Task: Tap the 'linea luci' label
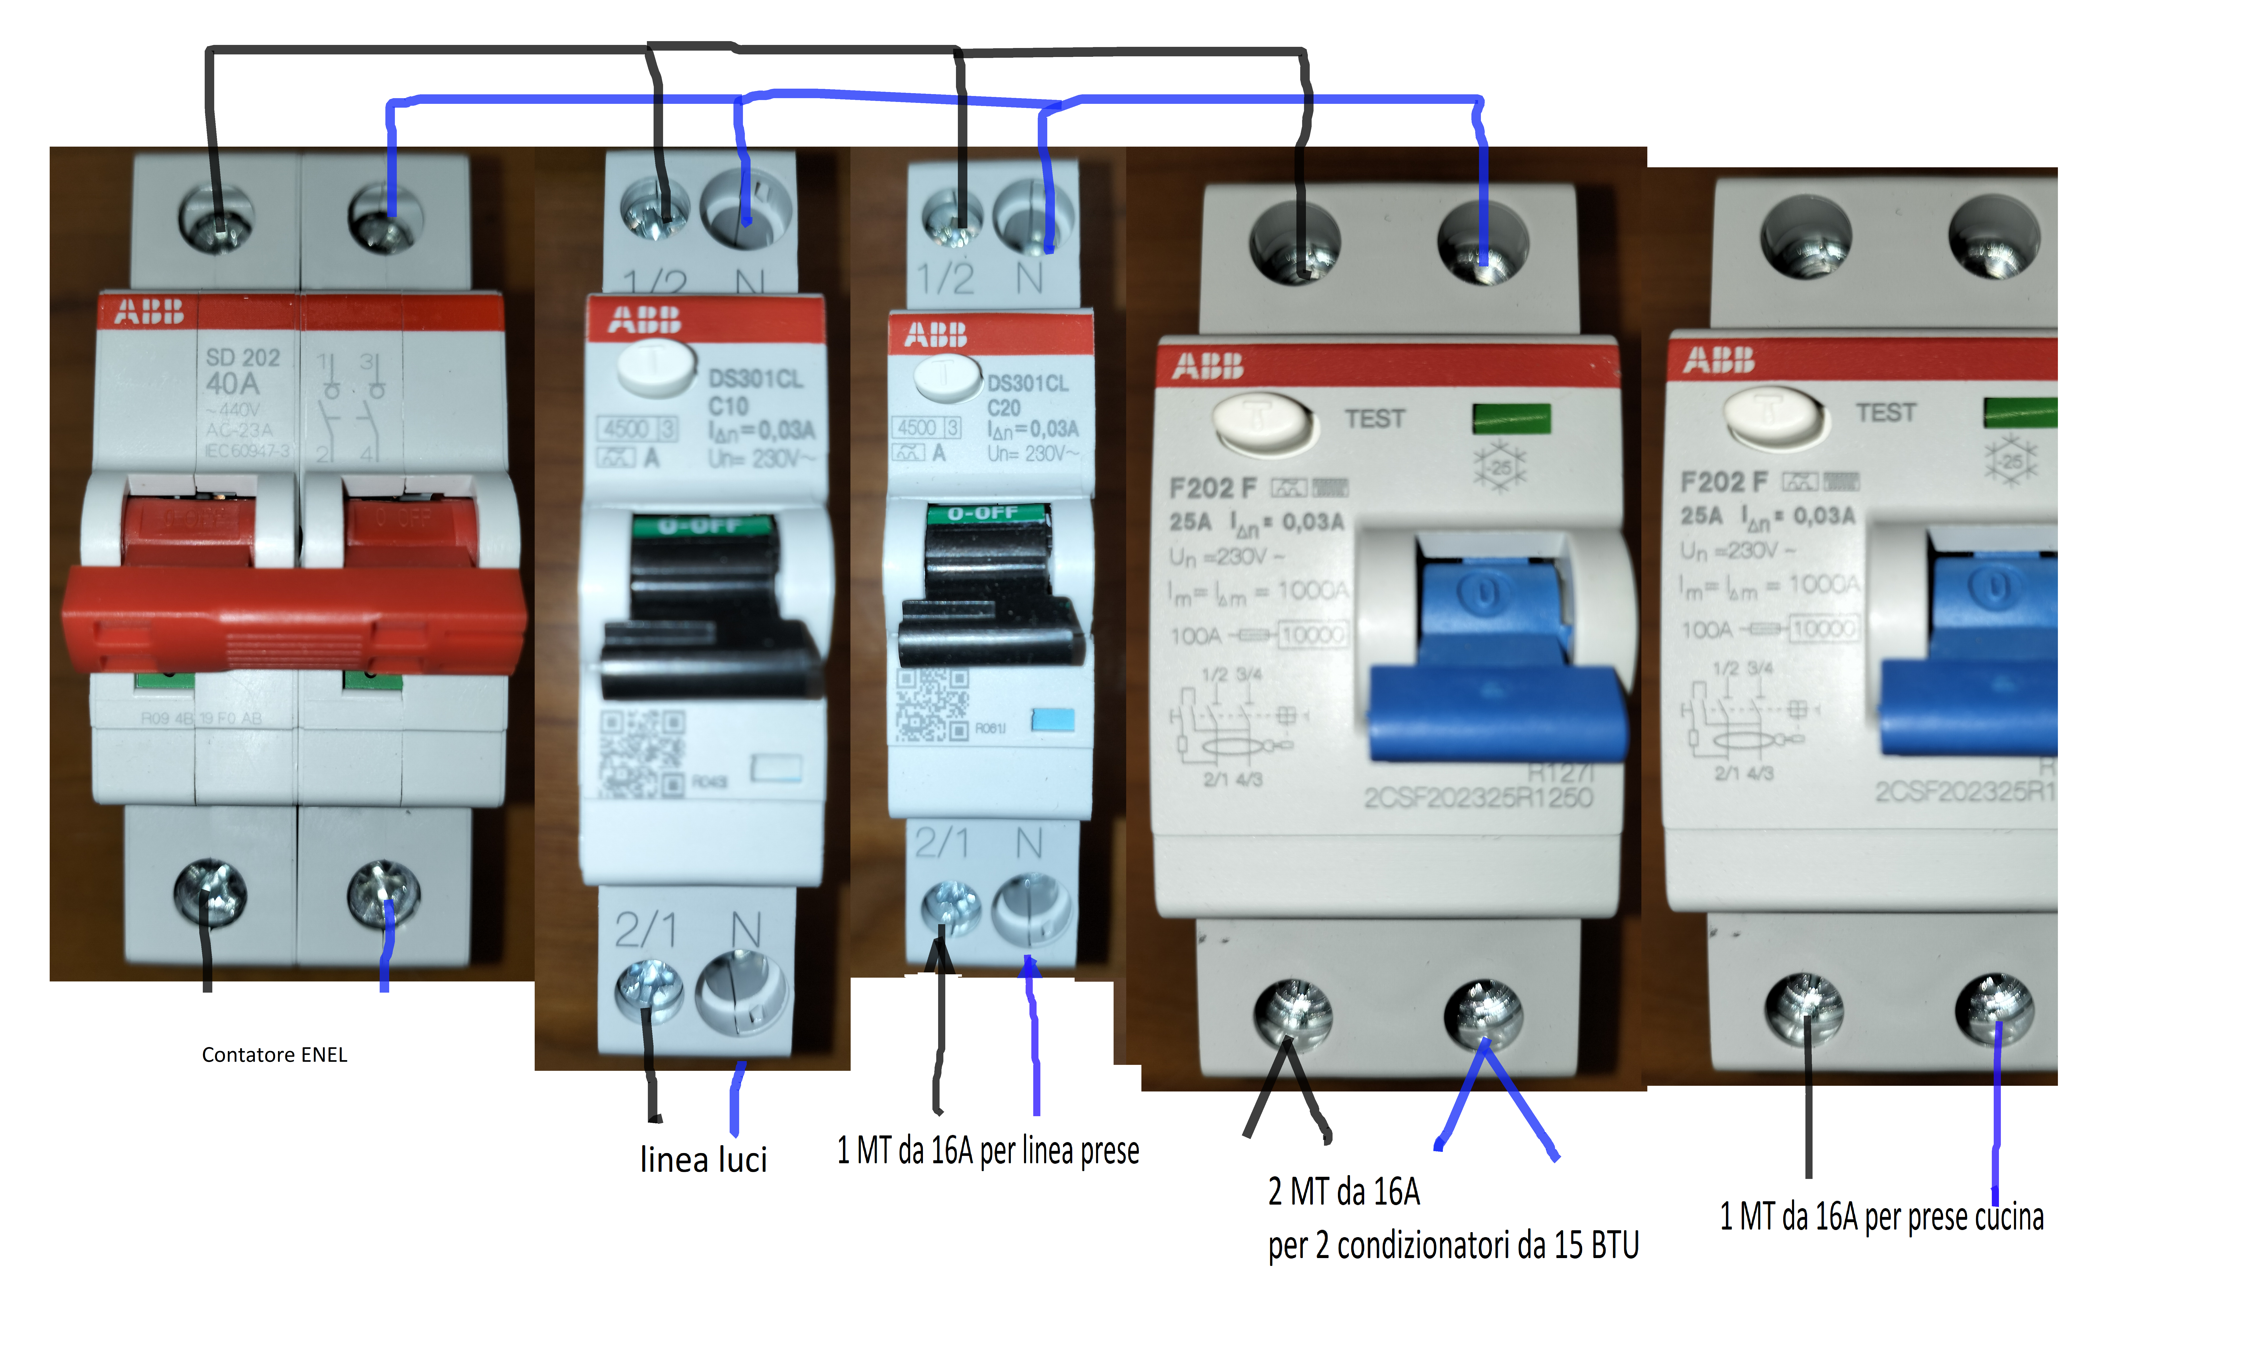click(703, 1160)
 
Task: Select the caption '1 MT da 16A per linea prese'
click(988, 1150)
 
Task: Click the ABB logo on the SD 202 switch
click(149, 312)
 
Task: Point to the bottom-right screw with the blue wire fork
click(1484, 1014)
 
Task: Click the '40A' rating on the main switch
click(233, 384)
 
